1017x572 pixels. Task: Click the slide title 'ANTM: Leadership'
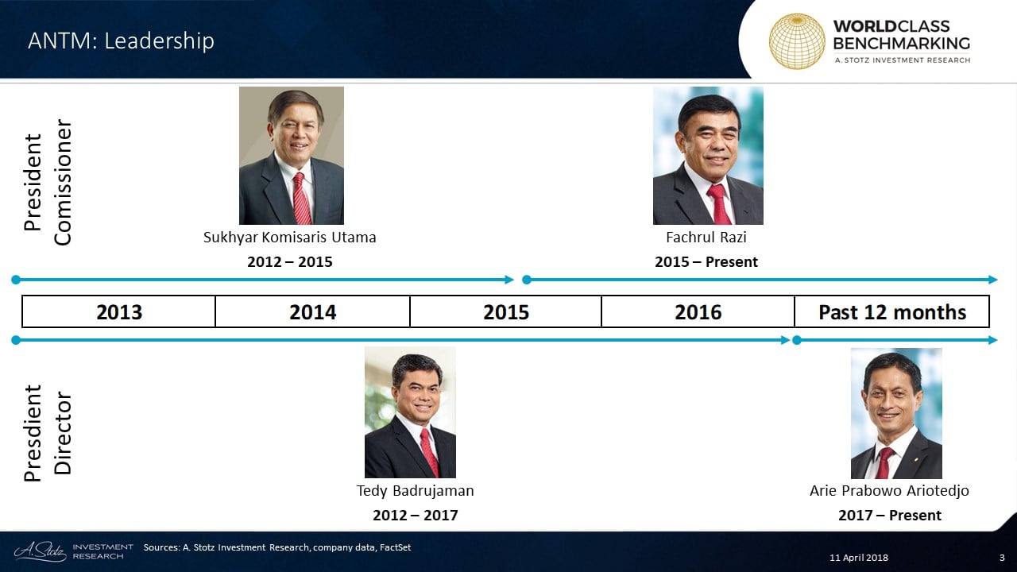[x=121, y=41]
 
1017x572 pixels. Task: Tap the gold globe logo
[x=797, y=41]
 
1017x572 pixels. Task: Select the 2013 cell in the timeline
[x=119, y=312]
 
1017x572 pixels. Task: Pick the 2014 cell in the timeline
[x=313, y=312]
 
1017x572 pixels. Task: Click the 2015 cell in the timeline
[x=506, y=312]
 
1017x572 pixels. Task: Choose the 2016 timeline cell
[x=698, y=312]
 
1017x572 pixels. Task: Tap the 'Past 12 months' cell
[x=892, y=312]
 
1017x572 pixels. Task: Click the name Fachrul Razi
[x=706, y=237]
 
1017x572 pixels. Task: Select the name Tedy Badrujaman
[x=415, y=491]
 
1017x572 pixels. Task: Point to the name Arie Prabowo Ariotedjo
[x=889, y=491]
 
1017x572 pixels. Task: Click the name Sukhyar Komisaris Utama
[x=290, y=238]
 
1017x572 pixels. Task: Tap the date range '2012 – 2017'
[x=415, y=516]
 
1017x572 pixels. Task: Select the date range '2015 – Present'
[x=706, y=262]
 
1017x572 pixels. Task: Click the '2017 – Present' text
[x=889, y=516]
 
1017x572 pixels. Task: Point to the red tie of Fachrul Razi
[x=719, y=204]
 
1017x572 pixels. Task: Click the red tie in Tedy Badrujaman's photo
[x=430, y=453]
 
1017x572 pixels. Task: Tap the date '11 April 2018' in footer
[x=859, y=558]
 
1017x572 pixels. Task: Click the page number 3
[x=1002, y=558]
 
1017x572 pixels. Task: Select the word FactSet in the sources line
[x=395, y=547]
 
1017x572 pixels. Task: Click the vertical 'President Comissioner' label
[x=48, y=183]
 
